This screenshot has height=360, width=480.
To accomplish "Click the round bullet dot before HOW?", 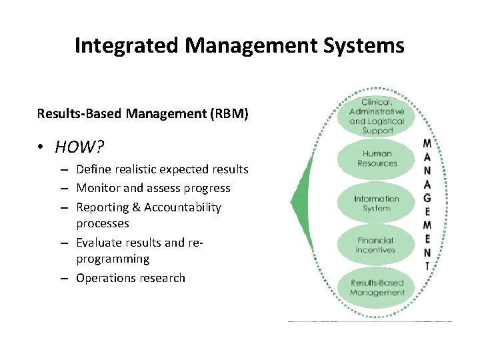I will coord(41,147).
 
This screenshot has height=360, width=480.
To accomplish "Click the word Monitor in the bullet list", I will coord(98,188).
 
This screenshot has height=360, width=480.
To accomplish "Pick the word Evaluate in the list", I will coord(99,242).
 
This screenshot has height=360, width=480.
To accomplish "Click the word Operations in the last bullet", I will coord(103,278).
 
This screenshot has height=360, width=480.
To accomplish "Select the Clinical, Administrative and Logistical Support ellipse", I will coord(377,117).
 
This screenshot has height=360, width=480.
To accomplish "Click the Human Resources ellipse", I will coord(377,159).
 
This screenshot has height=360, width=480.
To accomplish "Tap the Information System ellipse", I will coord(377,203).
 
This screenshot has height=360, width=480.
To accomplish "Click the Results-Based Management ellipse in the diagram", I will coord(377,288).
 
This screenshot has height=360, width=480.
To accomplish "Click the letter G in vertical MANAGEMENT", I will coord(427,197).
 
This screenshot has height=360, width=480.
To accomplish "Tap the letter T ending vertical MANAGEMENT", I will coord(427,266).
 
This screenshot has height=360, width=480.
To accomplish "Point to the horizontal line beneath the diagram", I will coord(370,321).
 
